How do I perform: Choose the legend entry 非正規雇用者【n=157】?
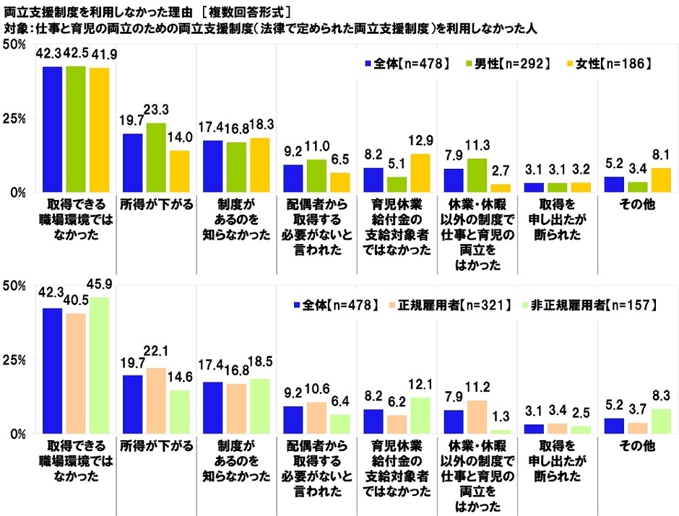[x=593, y=305]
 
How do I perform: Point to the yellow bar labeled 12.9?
[x=420, y=173]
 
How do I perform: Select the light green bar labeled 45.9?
[x=98, y=365]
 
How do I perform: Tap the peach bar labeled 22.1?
[x=156, y=401]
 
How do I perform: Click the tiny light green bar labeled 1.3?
[x=499, y=432]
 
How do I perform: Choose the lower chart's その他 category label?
[x=636, y=446]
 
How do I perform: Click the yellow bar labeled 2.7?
[x=499, y=188]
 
